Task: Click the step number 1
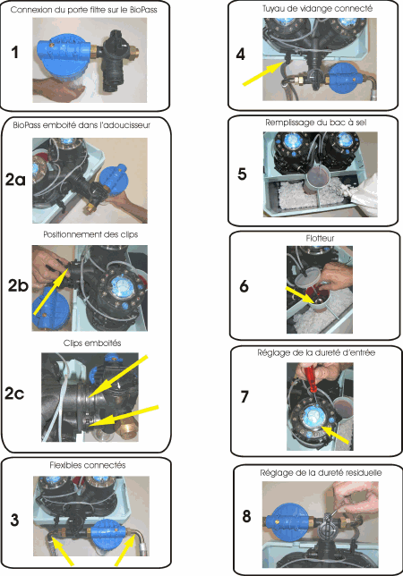14,52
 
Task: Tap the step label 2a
15,180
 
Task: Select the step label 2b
19,286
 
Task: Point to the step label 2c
14,394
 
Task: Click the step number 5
242,174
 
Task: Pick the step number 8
246,516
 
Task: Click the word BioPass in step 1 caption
143,10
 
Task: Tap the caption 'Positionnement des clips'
90,234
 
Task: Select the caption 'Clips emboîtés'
92,343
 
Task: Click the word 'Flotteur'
320,239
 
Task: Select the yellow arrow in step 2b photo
51,291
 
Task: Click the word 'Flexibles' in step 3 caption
66,465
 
